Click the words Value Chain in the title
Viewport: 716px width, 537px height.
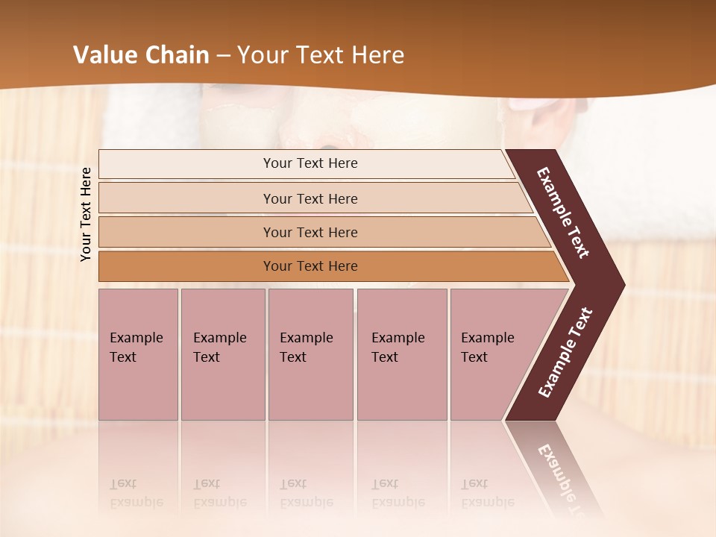tap(141, 55)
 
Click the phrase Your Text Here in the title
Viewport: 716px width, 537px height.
tap(321, 55)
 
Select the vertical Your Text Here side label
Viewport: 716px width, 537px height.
tap(86, 214)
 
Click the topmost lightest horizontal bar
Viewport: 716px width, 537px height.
tap(186, 164)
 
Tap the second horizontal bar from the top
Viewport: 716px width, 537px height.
tap(186, 198)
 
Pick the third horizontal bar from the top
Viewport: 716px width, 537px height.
tap(186, 233)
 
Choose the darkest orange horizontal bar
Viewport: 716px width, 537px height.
tap(186, 266)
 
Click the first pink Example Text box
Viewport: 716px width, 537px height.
tap(138, 354)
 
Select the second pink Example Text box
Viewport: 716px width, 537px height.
tap(222, 354)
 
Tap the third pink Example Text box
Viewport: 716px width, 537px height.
tap(310, 354)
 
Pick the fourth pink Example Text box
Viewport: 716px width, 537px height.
tap(401, 354)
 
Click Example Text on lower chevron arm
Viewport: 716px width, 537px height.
tap(565, 353)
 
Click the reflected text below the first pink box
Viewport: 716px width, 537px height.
tap(136, 493)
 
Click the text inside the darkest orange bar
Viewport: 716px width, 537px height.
tap(310, 266)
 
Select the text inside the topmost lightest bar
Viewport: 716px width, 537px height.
tap(310, 163)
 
